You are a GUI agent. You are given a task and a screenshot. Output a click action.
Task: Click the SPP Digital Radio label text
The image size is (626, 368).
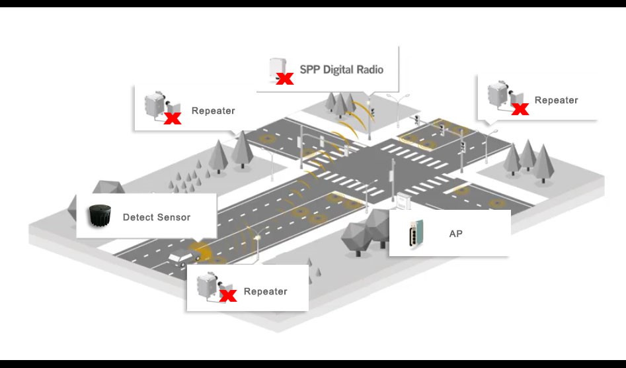(341, 69)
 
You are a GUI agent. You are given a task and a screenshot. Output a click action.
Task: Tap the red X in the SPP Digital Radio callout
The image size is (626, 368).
(285, 79)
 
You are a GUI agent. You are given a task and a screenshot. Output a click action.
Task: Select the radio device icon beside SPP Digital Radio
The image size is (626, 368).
(276, 68)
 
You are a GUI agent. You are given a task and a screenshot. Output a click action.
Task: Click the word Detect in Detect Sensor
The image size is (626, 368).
(138, 217)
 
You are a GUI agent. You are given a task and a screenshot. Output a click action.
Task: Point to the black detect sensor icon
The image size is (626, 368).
(101, 216)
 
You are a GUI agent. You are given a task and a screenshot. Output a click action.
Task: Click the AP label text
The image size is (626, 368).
(455, 234)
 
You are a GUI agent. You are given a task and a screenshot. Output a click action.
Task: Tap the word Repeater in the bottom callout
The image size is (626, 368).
(265, 291)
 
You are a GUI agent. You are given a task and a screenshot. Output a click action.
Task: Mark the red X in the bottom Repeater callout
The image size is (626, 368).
(228, 295)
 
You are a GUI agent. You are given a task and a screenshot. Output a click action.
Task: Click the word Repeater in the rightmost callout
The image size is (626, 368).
(556, 101)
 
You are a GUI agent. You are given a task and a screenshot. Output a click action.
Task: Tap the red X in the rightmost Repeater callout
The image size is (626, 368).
(520, 108)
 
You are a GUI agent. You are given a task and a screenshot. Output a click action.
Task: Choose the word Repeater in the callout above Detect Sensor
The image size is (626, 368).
(213, 111)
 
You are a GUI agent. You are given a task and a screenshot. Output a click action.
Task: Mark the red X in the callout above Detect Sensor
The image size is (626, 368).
(173, 119)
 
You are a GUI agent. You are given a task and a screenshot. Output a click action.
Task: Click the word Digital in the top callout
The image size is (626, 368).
(342, 69)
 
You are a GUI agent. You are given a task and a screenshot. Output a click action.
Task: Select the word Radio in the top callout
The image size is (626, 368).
(370, 69)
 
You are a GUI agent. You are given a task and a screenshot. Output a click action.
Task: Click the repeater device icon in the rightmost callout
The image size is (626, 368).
(499, 95)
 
